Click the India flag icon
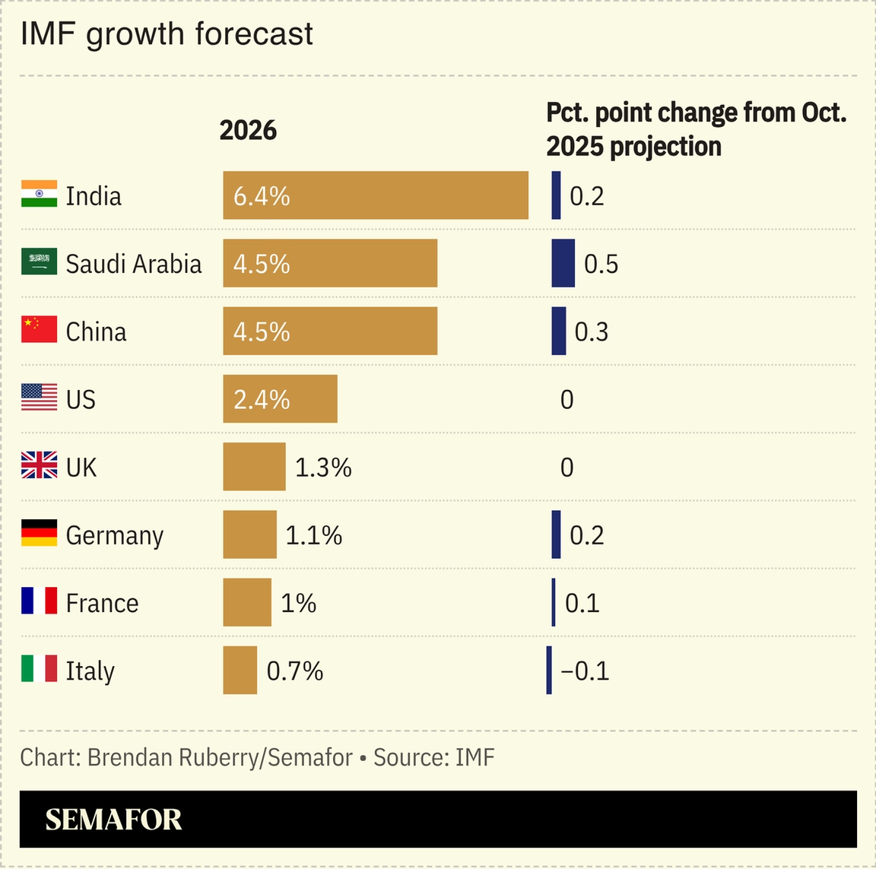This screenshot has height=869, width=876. pos(39,194)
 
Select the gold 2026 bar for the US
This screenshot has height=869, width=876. pos(280,398)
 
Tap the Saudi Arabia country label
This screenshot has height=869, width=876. pos(134,264)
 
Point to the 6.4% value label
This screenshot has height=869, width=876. pos(262,196)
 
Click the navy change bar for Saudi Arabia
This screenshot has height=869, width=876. pos(563,263)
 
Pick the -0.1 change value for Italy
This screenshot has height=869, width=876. pos(585,671)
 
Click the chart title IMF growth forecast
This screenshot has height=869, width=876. pos(167,34)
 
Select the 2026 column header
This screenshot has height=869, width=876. pos(248,131)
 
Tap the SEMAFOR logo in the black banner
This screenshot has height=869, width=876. pos(113,820)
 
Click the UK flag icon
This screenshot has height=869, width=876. pos(39,465)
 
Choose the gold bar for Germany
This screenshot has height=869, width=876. pos(249,534)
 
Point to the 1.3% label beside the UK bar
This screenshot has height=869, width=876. pos(323,468)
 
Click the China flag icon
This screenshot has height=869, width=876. pos(39,329)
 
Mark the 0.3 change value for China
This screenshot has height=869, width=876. pos(591,331)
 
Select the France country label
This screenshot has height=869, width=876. pos(102,603)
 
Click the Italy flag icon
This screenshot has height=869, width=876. pos(39,668)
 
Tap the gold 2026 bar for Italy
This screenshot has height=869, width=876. pos(240,670)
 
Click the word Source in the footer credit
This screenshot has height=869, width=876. pos(410,757)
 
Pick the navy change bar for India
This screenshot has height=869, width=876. pos(556,195)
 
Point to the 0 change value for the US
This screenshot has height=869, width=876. pos(567,399)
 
